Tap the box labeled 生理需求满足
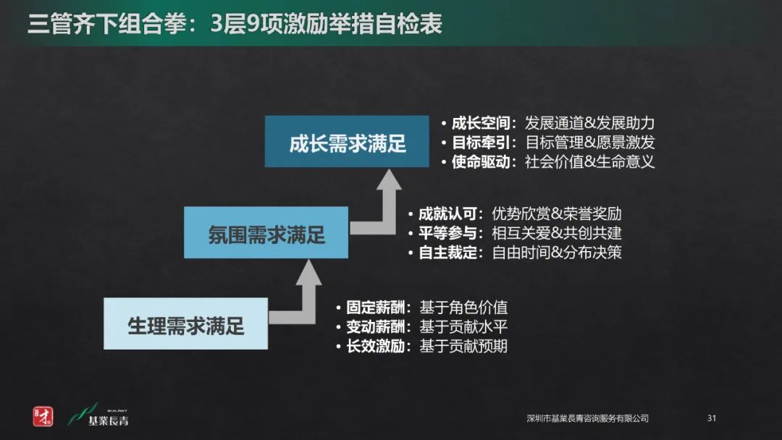[x=186, y=325]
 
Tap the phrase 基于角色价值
[x=463, y=307]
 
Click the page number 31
[x=711, y=418]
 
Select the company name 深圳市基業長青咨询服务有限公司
[x=587, y=419]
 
